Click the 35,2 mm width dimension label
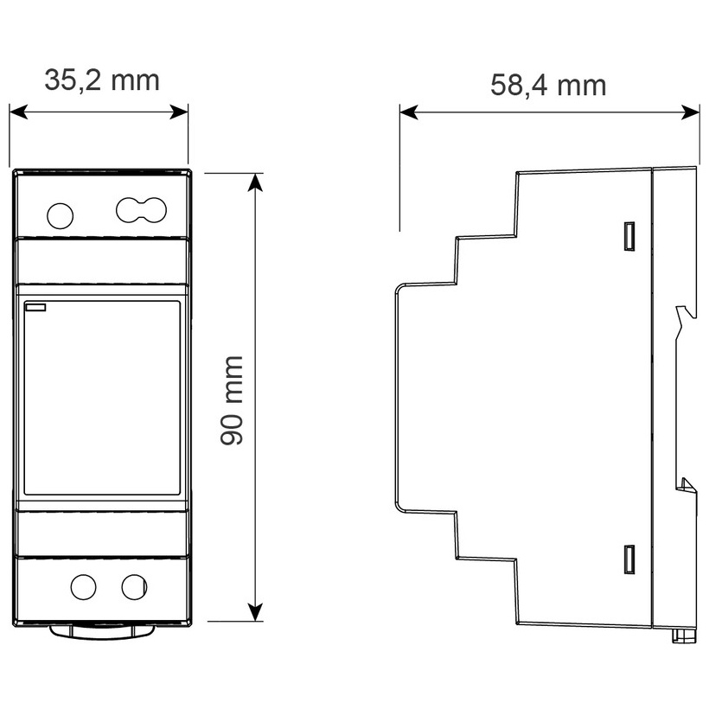click(102, 80)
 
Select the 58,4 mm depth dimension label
click(548, 85)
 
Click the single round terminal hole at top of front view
click(60, 215)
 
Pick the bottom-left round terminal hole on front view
click(84, 587)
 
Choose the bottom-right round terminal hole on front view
click(134, 587)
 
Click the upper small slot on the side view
click(629, 235)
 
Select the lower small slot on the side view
click(629, 559)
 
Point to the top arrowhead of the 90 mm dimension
click(255, 180)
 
